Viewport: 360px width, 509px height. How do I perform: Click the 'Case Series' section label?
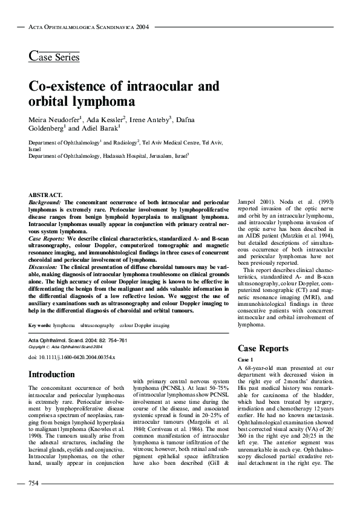[x=54, y=57]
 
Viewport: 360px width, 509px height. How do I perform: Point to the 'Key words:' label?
[x=39, y=325]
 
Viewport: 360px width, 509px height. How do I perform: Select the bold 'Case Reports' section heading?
[x=263, y=349]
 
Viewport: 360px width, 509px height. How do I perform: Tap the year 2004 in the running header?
[x=142, y=27]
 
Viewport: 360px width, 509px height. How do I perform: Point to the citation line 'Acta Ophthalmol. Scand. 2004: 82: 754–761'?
[x=77, y=341]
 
